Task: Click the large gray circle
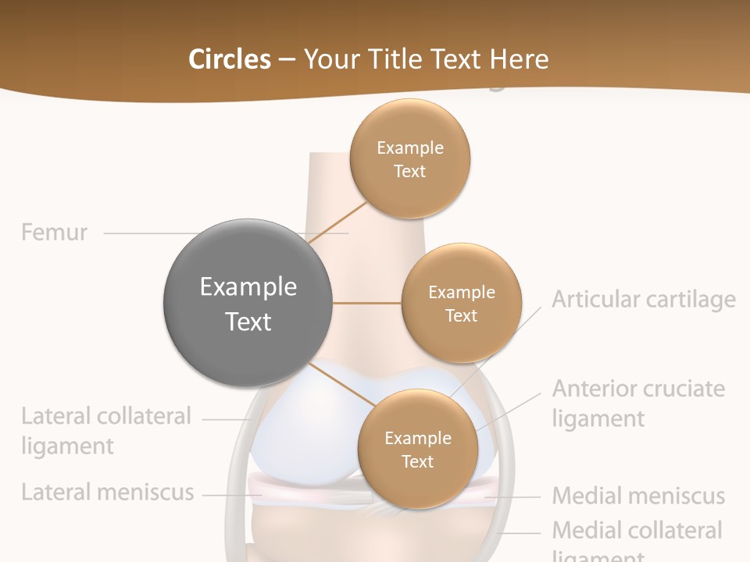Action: pyautogui.click(x=248, y=303)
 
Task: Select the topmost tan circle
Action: pyautogui.click(x=409, y=158)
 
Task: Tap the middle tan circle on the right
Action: pyautogui.click(x=461, y=303)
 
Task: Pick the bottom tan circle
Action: pyautogui.click(x=417, y=449)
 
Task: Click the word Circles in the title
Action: pyautogui.click(x=229, y=59)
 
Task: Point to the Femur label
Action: pyautogui.click(x=54, y=233)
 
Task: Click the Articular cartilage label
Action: pyautogui.click(x=643, y=300)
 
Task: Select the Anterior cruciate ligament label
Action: pyautogui.click(x=638, y=403)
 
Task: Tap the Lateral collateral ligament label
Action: pyautogui.click(x=105, y=430)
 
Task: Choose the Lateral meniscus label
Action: pyautogui.click(x=107, y=493)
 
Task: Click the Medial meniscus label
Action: pyautogui.click(x=638, y=496)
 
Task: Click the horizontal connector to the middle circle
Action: pyautogui.click(x=366, y=303)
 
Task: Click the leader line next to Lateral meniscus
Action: pyautogui.click(x=227, y=493)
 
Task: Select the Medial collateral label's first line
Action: pyautogui.click(x=637, y=531)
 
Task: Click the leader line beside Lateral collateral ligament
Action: pyautogui.click(x=225, y=419)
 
